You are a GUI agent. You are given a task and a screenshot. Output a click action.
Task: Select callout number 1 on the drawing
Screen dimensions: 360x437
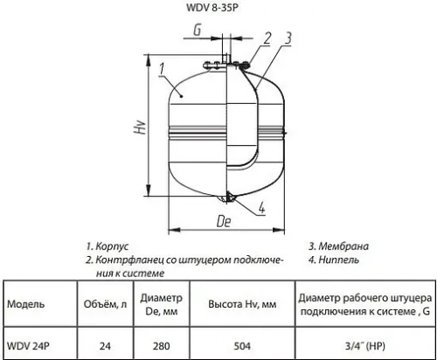pos(162,66)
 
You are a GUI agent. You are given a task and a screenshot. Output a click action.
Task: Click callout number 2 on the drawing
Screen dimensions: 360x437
pos(267,37)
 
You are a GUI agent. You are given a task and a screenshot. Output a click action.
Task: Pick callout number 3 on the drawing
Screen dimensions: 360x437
pos(288,37)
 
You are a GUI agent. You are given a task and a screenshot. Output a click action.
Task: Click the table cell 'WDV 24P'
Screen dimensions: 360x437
pos(28,343)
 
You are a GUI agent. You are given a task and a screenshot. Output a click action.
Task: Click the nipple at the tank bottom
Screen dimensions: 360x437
pos(229,197)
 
